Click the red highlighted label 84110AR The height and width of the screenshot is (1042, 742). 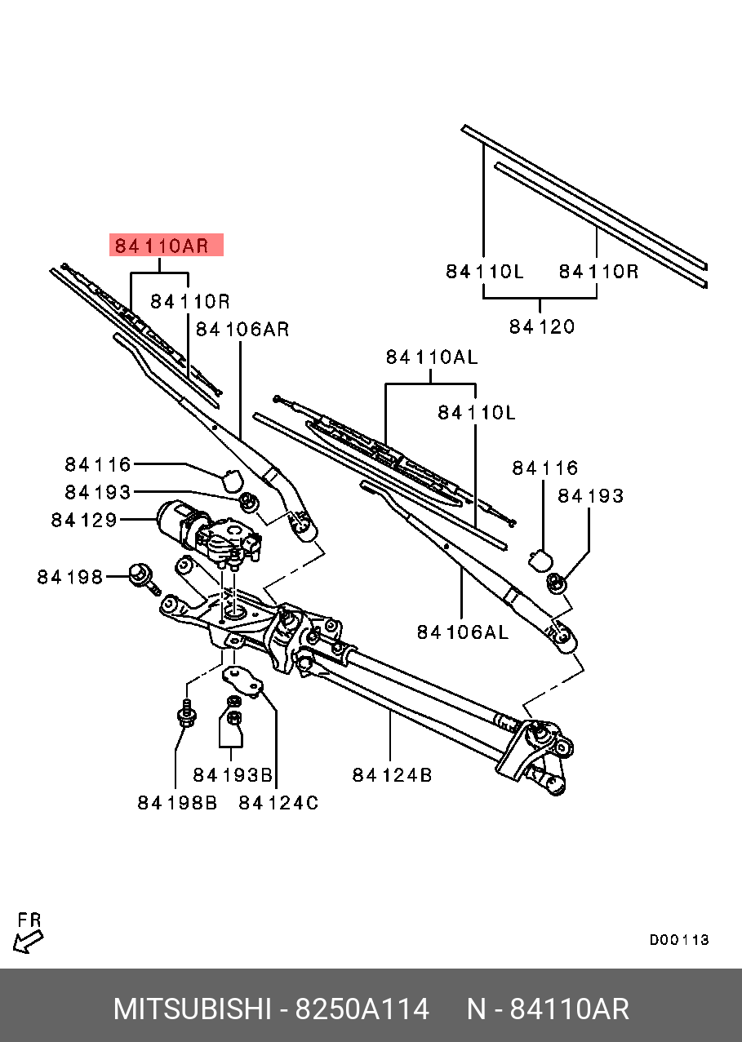click(x=166, y=245)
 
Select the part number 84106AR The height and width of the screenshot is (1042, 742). click(x=242, y=330)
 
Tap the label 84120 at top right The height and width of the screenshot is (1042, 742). click(x=542, y=326)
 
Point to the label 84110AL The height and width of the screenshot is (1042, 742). click(x=432, y=357)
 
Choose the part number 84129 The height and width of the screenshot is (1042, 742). click(x=84, y=520)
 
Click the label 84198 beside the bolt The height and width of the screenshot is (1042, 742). click(x=69, y=577)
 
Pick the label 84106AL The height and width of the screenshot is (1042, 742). click(x=462, y=632)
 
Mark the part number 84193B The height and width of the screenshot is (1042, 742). click(x=233, y=774)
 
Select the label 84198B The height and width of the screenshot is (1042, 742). click(x=177, y=803)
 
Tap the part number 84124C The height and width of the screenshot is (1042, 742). click(x=278, y=803)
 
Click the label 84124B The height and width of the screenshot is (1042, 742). click(x=392, y=774)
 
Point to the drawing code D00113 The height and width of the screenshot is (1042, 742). click(x=679, y=940)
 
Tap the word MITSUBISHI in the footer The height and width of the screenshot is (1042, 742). click(x=192, y=1009)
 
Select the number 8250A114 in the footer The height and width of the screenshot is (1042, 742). click(x=362, y=1009)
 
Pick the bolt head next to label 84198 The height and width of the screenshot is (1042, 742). click(x=139, y=573)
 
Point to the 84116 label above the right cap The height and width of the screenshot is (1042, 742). click(x=544, y=468)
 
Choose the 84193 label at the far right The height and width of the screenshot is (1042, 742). click(x=590, y=496)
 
